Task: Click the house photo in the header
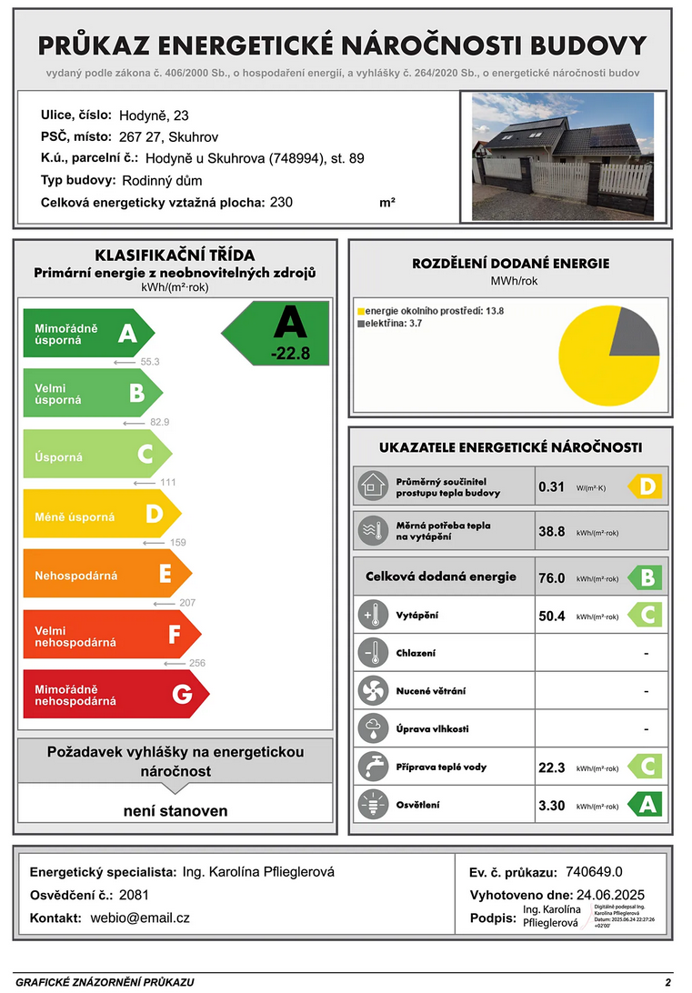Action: (x=562, y=155)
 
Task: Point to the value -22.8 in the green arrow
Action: (x=290, y=354)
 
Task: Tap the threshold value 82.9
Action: (x=159, y=422)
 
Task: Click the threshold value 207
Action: (x=187, y=603)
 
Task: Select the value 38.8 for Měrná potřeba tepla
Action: (x=552, y=532)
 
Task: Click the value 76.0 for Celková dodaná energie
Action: (x=552, y=577)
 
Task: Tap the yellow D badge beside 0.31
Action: (x=647, y=487)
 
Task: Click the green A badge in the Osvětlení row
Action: (x=647, y=805)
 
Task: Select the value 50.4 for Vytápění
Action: (x=552, y=617)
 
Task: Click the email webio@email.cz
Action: (x=140, y=918)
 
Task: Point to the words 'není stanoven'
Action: (x=176, y=810)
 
